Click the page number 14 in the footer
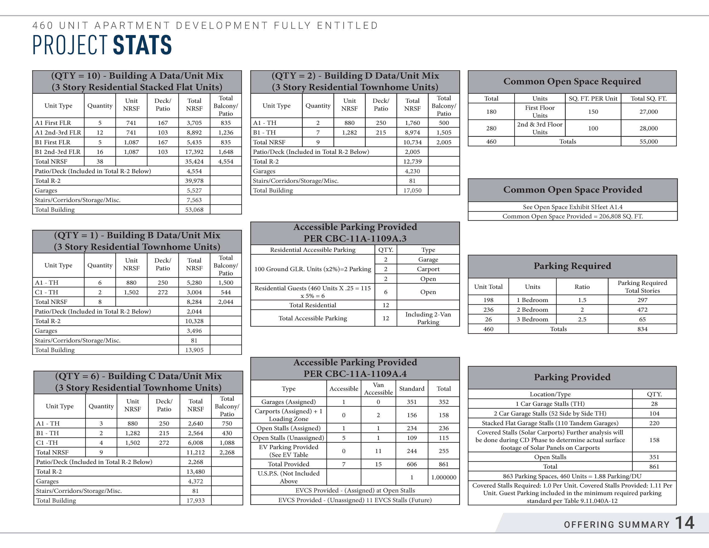coord(685,523)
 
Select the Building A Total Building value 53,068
coord(194,210)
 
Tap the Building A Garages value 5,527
coord(194,190)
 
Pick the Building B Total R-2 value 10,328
coord(194,321)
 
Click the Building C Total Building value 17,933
coord(195,500)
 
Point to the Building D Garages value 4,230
coord(412,171)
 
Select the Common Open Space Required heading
coord(572,81)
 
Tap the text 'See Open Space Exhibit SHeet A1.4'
coord(572,207)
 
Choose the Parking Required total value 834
coord(642,329)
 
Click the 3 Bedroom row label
coord(532,319)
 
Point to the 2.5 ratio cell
coord(582,319)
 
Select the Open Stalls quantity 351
coord(654,457)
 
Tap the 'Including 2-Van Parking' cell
coord(428,318)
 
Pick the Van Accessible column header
coord(378,389)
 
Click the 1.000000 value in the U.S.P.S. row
coord(444,477)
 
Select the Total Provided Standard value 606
coord(412,464)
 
